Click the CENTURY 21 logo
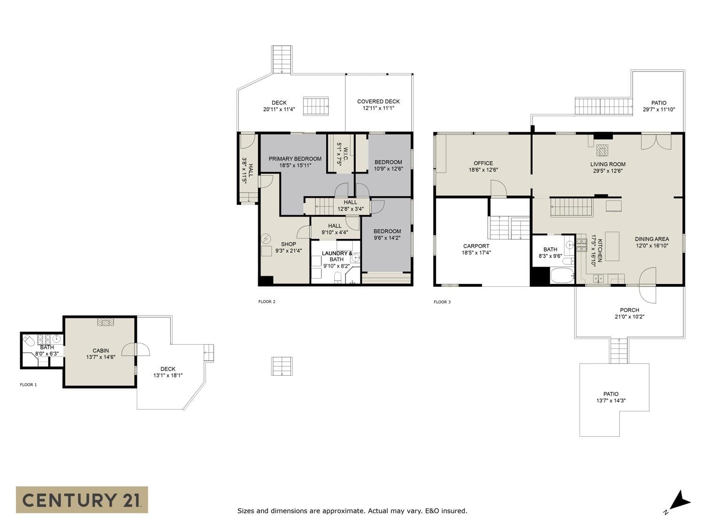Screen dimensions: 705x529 point(82,500)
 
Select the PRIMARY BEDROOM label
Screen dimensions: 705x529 point(295,158)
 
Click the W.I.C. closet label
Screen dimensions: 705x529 point(345,154)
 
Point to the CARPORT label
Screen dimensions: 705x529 point(476,246)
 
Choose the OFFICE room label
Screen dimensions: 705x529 point(483,163)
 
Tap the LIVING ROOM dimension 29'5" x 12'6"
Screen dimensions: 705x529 point(608,171)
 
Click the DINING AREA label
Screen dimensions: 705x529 point(652,239)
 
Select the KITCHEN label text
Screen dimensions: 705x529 point(599,250)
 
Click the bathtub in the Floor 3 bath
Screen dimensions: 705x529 point(562,276)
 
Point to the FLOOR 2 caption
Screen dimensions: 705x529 point(266,301)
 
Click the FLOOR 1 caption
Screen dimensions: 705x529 point(28,385)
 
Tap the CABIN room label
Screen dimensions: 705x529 point(101,351)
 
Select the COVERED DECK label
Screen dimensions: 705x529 point(378,102)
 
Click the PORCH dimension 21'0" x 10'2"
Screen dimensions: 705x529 point(629,316)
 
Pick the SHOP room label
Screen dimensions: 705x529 point(288,244)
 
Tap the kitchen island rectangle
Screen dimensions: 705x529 point(612,246)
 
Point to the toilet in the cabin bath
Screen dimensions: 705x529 point(28,340)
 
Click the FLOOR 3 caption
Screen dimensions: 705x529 point(442,302)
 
